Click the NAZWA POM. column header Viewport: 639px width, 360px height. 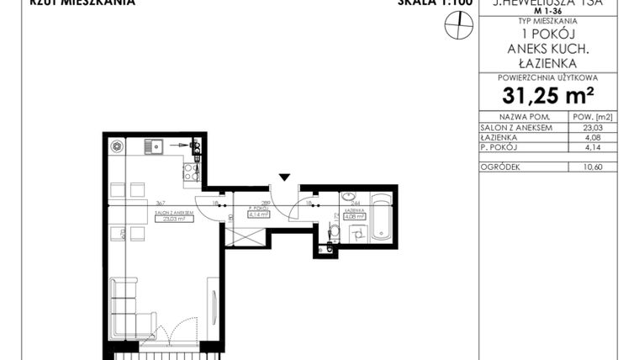pos(524,118)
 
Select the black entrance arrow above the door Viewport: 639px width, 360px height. pos(285,177)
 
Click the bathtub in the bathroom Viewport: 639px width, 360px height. pos(381,216)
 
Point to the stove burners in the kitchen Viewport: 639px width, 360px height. pos(191,172)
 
